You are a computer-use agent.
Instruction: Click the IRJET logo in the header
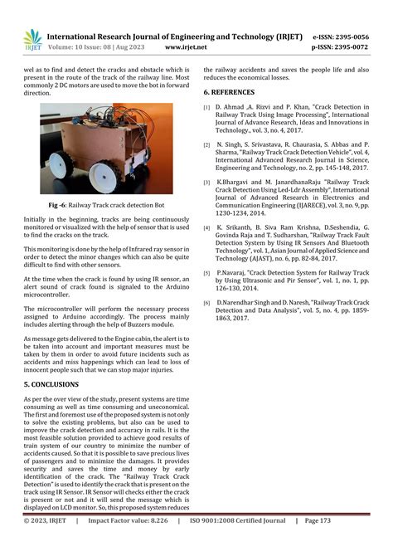[x=32, y=38]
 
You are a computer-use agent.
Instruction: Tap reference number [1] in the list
[x=207, y=108]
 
